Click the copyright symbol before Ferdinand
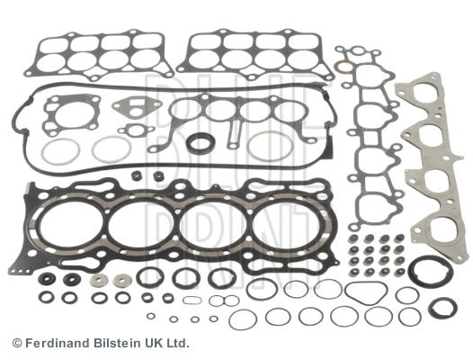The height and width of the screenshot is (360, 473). coord(17,343)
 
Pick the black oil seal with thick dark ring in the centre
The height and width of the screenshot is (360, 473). coord(200,144)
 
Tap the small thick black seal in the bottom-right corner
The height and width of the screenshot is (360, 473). coord(442,308)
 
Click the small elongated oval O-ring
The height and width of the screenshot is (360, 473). coord(191,301)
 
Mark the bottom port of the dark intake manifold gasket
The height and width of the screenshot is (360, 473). coord(368,211)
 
